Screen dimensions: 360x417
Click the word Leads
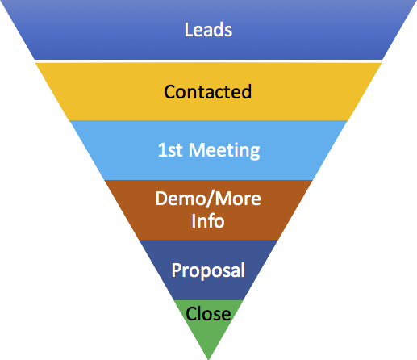tap(208, 31)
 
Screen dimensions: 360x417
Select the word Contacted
tap(208, 91)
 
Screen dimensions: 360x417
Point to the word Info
tap(208, 219)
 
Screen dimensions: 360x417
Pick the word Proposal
tap(208, 270)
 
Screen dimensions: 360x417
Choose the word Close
tap(208, 313)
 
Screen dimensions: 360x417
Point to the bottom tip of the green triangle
tap(209, 358)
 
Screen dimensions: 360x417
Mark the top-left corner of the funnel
tap(2, 2)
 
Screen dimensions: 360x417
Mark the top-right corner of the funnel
tap(415, 2)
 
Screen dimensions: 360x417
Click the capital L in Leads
tap(188, 31)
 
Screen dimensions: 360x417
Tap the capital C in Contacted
tap(169, 91)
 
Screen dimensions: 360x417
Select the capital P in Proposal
tap(177, 270)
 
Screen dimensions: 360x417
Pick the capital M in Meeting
tap(196, 150)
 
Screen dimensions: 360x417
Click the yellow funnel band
tap(97, 91)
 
